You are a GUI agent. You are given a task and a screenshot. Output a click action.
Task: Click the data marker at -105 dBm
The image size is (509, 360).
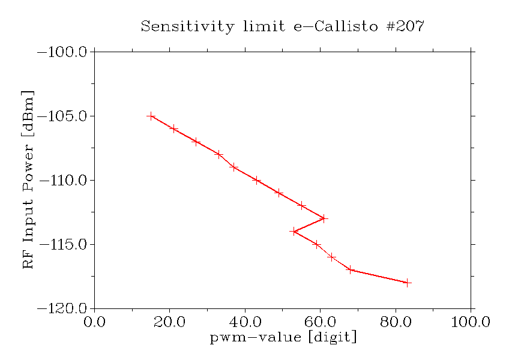pyautogui.click(x=151, y=116)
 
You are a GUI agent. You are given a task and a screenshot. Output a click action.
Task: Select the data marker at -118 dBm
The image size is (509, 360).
pyautogui.click(x=408, y=283)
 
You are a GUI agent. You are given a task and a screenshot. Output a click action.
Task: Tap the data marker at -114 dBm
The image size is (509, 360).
pyautogui.click(x=294, y=231)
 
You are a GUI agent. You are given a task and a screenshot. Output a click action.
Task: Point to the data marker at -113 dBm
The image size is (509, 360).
pyautogui.click(x=324, y=218)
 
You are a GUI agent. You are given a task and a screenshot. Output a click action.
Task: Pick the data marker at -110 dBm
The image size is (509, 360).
pyautogui.click(x=256, y=180)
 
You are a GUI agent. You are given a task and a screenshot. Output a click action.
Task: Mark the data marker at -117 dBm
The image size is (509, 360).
pyautogui.click(x=350, y=269)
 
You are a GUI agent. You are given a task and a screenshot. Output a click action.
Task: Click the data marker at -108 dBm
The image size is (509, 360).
pyautogui.click(x=219, y=154)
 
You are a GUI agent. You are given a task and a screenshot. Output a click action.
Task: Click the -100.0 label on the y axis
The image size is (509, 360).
pyautogui.click(x=62, y=52)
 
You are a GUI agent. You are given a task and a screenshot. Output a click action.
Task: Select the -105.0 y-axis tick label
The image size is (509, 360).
pyautogui.click(x=62, y=116)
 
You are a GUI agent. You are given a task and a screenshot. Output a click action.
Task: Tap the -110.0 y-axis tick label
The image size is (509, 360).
pyautogui.click(x=62, y=181)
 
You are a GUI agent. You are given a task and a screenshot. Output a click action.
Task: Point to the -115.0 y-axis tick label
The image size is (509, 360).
pyautogui.click(x=62, y=245)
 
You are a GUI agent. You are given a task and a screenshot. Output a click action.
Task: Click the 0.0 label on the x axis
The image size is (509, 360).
pyautogui.click(x=94, y=323)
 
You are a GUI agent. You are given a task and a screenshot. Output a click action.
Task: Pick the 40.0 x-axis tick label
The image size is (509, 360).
pyautogui.click(x=245, y=323)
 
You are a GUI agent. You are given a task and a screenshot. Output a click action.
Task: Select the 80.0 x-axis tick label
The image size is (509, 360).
pyautogui.click(x=396, y=323)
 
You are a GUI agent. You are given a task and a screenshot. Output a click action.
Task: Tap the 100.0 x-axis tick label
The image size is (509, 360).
pyautogui.click(x=471, y=323)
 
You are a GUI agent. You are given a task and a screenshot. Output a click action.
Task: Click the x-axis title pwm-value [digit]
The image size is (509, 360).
pyautogui.click(x=283, y=338)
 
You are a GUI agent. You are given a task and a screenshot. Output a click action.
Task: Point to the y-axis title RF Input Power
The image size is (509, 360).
pyautogui.click(x=28, y=180)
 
